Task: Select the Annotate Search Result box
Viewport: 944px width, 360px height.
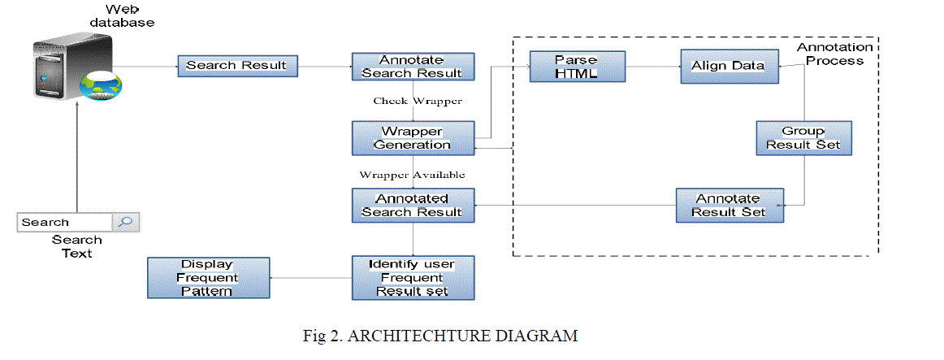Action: pos(412,66)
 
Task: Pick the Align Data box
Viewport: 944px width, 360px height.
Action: pos(729,66)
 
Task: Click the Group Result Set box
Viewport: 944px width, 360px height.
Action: pos(803,138)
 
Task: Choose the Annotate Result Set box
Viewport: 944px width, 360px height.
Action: pos(729,205)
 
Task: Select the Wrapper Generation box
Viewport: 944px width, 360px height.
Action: pos(412,138)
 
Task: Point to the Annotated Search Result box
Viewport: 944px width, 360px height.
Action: pos(412,205)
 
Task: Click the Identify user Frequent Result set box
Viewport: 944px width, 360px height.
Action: pos(412,277)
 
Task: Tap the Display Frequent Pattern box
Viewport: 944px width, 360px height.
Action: pos(209,277)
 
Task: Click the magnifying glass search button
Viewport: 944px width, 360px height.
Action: pos(126,222)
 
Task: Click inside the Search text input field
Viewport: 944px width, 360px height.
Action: pos(63,222)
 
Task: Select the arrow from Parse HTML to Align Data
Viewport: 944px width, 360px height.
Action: pos(653,66)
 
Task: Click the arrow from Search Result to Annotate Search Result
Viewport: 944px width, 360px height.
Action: pos(325,66)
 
